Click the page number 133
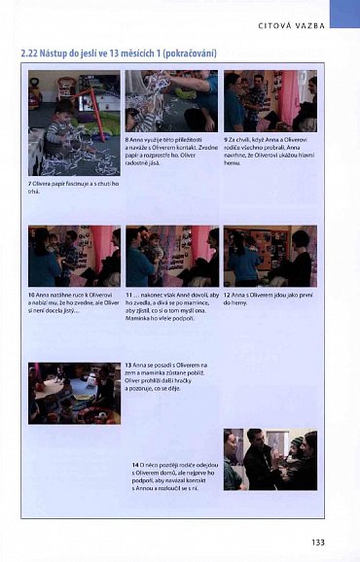click(x=317, y=542)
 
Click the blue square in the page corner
click(x=343, y=13)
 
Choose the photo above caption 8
click(x=171, y=100)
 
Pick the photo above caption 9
click(x=270, y=100)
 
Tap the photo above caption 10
click(x=74, y=256)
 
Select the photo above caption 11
click(x=171, y=256)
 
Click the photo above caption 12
click(x=270, y=256)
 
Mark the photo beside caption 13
click(x=74, y=393)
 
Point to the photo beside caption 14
click(x=270, y=459)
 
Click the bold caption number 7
click(x=30, y=183)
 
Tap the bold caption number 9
click(x=226, y=139)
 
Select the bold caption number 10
click(x=32, y=295)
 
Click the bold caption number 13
click(x=130, y=364)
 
